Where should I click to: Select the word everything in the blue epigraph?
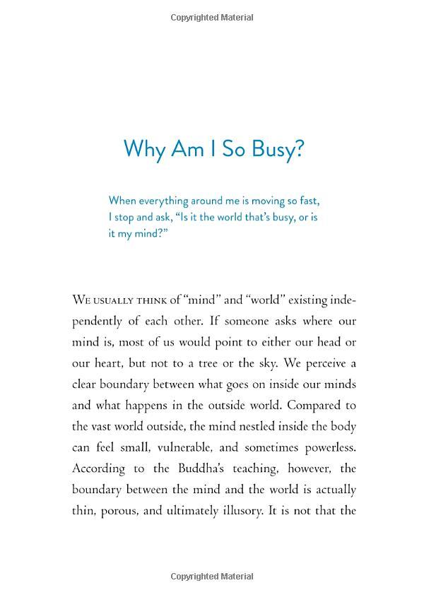point(170,201)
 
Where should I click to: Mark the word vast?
point(102,427)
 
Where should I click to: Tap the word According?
point(98,469)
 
